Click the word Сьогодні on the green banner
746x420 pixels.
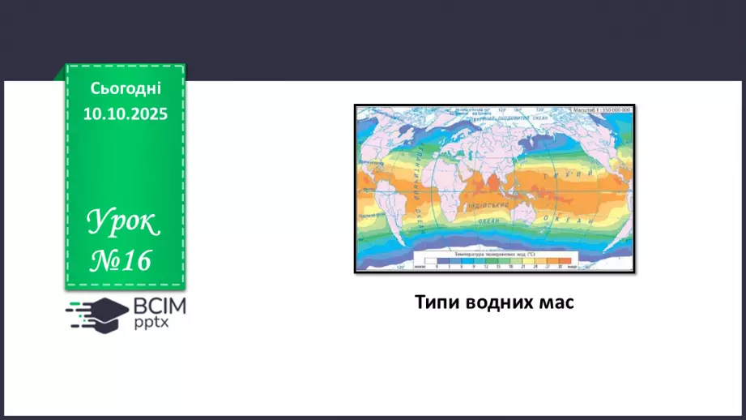click(126, 88)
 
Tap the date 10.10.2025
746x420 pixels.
click(126, 114)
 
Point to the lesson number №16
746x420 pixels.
click(120, 261)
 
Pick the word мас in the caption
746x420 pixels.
click(556, 302)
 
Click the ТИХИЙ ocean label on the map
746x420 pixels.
click(555, 175)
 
